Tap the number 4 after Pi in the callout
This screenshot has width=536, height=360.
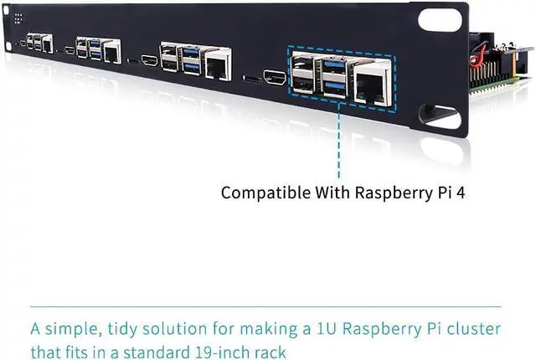(460, 192)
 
